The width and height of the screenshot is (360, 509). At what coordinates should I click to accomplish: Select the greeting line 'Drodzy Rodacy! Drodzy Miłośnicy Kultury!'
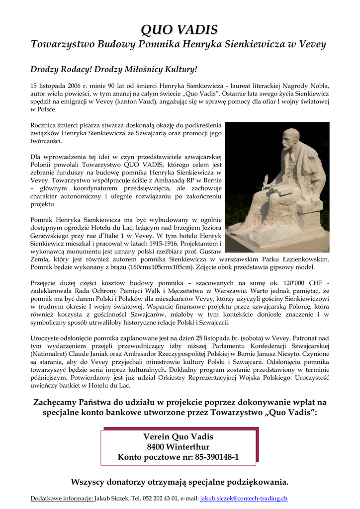[x=114, y=69]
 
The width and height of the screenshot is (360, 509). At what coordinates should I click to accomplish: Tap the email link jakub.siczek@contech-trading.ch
[x=244, y=498]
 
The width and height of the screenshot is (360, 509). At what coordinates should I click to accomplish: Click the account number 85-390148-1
[x=209, y=457]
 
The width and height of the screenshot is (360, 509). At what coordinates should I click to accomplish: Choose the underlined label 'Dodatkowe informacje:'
[x=62, y=498]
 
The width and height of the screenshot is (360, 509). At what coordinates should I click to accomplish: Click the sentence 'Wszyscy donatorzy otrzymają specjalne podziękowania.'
[x=180, y=482]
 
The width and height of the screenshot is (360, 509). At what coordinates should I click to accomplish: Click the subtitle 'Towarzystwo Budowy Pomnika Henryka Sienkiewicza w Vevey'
[x=178, y=44]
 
